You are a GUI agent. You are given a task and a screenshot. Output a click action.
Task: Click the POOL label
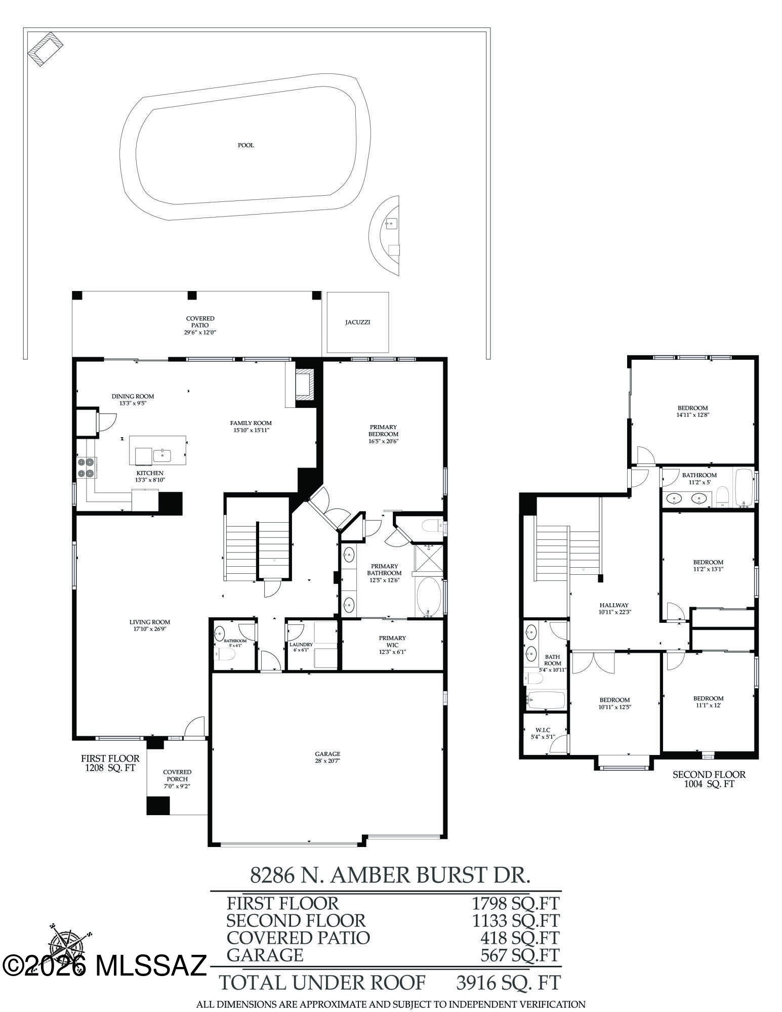pos(246,145)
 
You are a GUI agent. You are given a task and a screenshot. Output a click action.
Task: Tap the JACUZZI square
pos(358,322)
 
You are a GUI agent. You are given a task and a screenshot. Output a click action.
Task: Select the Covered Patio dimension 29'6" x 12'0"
pos(200,332)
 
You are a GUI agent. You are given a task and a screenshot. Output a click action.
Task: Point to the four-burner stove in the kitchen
pos(87,468)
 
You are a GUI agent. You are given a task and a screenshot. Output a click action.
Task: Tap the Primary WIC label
pos(392,641)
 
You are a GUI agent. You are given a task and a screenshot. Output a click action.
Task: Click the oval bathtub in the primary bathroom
pos(428,597)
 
